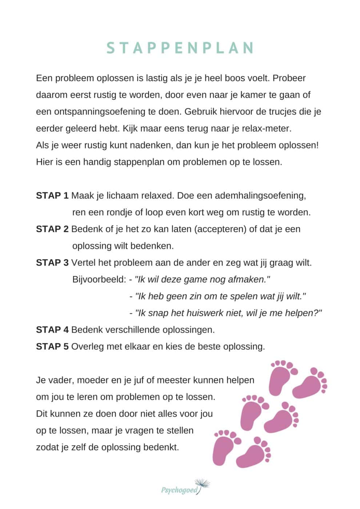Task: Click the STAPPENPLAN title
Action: [x=180, y=48]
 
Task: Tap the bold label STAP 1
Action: [x=52, y=196]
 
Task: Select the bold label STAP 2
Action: [x=52, y=229]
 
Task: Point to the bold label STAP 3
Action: [x=52, y=262]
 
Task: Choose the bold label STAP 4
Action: [x=52, y=330]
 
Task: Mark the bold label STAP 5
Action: [x=52, y=346]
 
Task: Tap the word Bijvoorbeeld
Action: [x=99, y=280]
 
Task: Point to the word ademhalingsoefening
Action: [x=260, y=196]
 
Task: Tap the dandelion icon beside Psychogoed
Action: [x=203, y=484]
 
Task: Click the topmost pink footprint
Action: [x=283, y=376]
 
